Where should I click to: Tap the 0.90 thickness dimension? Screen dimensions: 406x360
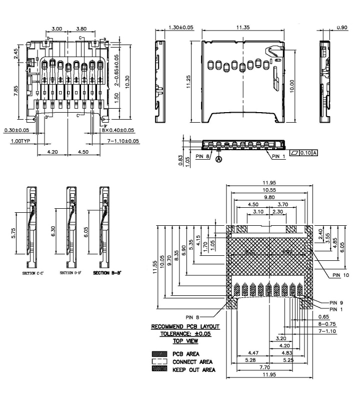(x=342, y=28)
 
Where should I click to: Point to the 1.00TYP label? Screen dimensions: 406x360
(x=22, y=141)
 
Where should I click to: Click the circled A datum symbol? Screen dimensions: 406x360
(x=219, y=160)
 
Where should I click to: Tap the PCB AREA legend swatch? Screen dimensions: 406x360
(x=158, y=353)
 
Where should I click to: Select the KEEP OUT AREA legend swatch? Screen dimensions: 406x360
(x=158, y=369)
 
